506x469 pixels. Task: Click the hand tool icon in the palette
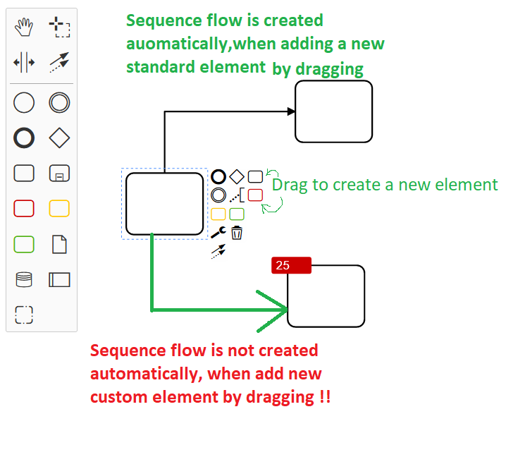click(24, 27)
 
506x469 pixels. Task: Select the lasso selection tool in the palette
click(59, 27)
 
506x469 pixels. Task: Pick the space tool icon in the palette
click(24, 62)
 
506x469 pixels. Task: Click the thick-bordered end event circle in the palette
click(24, 138)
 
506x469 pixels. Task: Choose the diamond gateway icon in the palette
click(59, 138)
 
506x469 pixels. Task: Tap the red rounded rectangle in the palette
click(24, 208)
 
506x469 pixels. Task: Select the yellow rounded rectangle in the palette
click(59, 208)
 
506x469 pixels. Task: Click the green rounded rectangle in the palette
click(24, 244)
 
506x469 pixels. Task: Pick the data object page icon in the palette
click(59, 244)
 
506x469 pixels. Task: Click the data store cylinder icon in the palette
click(24, 279)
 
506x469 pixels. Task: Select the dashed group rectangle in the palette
click(24, 315)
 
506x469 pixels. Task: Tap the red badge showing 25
click(291, 265)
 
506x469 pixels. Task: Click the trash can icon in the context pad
click(237, 233)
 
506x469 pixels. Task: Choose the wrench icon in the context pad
click(218, 233)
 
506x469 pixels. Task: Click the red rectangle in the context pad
click(255, 195)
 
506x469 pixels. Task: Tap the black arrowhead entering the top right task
click(291, 111)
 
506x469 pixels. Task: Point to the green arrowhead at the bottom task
click(273, 310)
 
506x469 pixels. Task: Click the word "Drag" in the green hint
click(290, 185)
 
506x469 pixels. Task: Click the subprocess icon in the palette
click(59, 173)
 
